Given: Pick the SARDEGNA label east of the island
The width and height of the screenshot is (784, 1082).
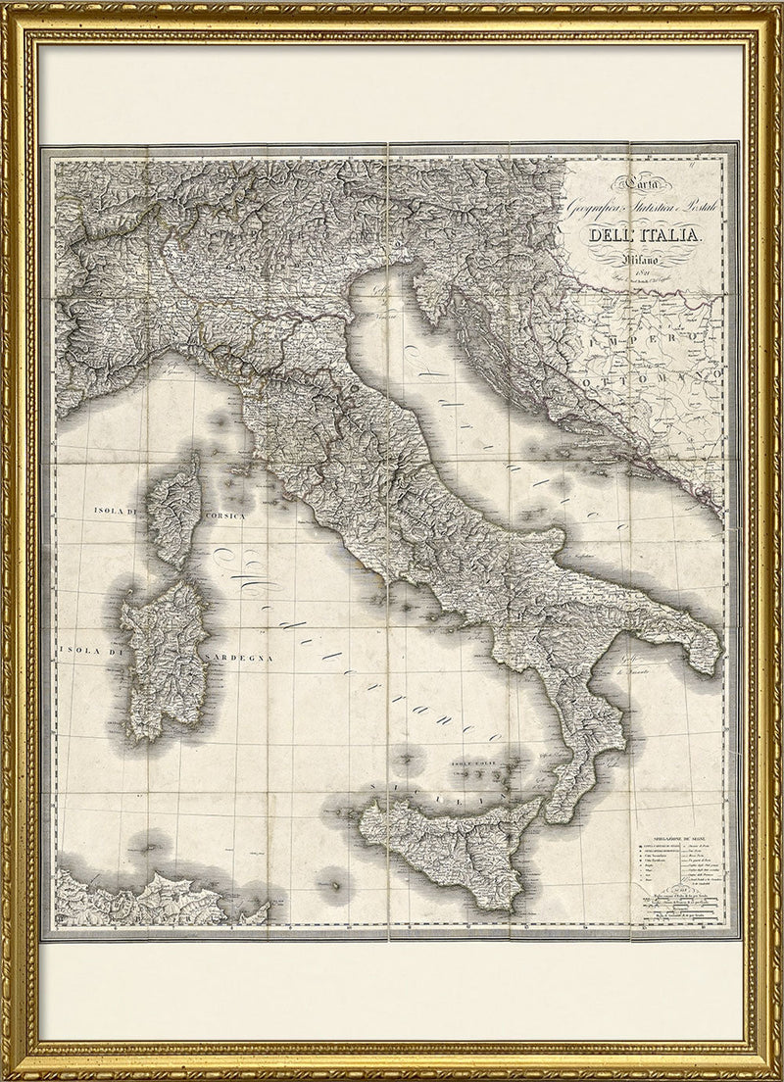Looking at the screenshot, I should (237, 650).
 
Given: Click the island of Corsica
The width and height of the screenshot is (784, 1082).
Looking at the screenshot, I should (178, 510).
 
